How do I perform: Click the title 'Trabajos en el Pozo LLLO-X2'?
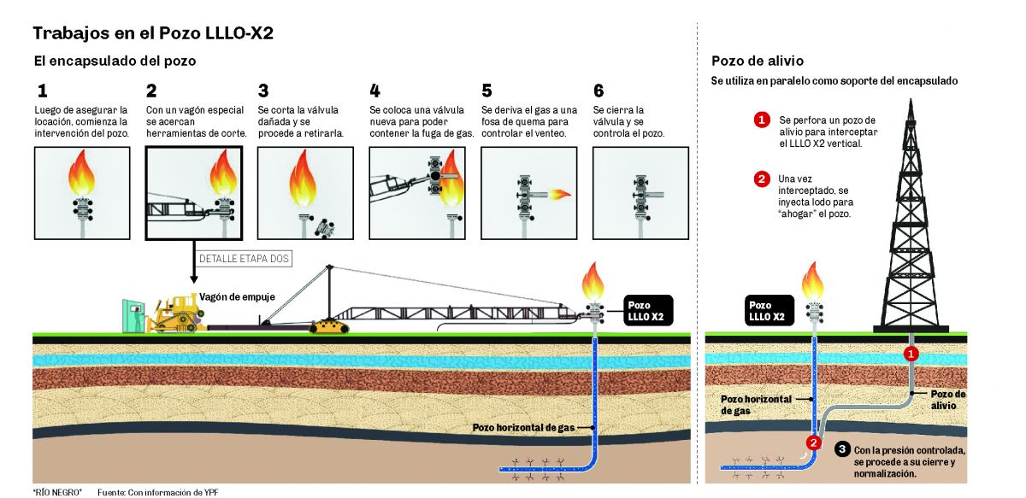(153, 33)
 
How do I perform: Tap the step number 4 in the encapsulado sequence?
(374, 91)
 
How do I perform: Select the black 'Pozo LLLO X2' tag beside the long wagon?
(647, 311)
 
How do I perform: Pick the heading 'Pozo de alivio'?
(757, 61)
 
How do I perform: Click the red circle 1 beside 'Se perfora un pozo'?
(761, 120)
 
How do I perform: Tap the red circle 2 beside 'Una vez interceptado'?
(761, 179)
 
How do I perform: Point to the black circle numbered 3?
(842, 448)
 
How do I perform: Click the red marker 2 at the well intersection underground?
(814, 442)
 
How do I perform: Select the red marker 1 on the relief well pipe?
(911, 353)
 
